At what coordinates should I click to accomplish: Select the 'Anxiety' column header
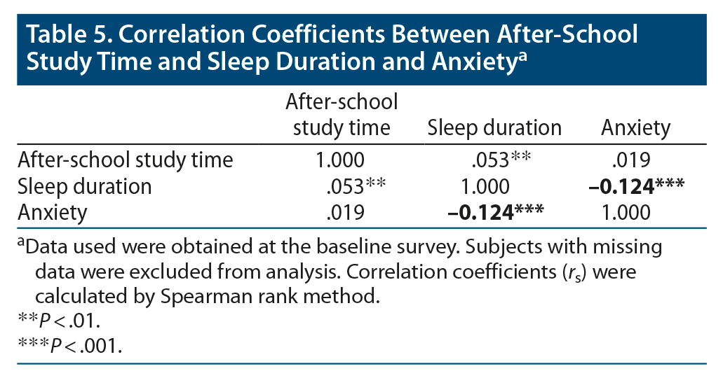[635, 128]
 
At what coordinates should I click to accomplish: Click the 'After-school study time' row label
[125, 160]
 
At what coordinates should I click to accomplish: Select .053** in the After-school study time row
[499, 160]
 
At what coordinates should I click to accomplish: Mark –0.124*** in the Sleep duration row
[635, 186]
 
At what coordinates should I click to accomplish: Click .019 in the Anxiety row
[345, 212]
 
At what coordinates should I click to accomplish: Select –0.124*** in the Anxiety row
[496, 212]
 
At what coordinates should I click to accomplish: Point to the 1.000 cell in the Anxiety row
[626, 212]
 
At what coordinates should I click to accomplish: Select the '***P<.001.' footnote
[68, 346]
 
